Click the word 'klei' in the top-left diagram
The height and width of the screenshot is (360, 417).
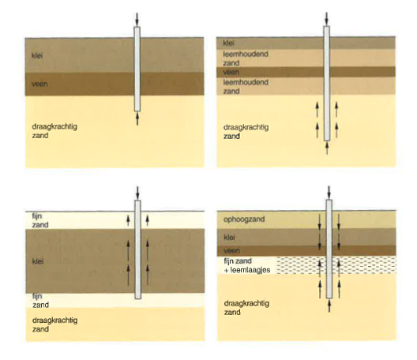coord(37,55)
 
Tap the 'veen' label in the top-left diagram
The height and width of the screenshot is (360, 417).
coord(39,84)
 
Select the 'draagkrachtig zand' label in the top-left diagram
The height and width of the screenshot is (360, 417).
coord(54,131)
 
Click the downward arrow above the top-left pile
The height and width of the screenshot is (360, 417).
coord(137,20)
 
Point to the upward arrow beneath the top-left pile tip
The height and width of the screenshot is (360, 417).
coord(137,118)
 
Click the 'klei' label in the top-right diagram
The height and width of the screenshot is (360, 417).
coord(229,43)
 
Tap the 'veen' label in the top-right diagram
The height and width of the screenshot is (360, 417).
coord(231,72)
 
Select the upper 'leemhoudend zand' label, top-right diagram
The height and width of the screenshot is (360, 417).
coord(246,58)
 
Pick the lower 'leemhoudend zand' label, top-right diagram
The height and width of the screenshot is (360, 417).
coord(246,87)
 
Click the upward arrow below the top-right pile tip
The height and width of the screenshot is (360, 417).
coord(327,148)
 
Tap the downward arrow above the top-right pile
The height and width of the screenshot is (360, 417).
coord(327,19)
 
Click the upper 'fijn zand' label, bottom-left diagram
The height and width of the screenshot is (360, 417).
coord(40,220)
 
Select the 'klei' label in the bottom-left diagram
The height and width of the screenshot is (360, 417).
coord(38,261)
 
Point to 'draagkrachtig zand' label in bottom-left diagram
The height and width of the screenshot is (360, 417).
coord(55,324)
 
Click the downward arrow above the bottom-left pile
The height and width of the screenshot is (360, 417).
coord(137,193)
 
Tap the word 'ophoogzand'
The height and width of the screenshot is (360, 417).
coord(244,219)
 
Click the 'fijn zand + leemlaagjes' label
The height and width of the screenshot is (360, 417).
coord(247,265)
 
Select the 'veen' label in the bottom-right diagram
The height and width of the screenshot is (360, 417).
coord(231,250)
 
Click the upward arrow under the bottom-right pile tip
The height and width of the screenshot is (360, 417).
coord(329,306)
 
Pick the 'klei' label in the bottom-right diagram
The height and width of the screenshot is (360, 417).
coord(229,237)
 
